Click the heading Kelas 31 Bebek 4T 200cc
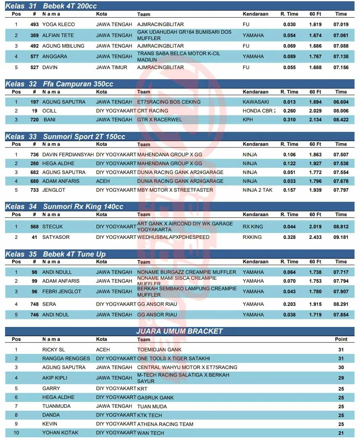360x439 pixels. [x=51, y=6]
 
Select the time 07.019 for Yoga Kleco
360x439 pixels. [x=341, y=24]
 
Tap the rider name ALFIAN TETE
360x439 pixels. [x=58, y=35]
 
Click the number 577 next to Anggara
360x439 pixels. [x=35, y=56]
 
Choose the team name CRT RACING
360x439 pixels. [x=152, y=111]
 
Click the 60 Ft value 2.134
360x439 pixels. [x=315, y=120]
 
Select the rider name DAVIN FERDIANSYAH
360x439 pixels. [x=68, y=155]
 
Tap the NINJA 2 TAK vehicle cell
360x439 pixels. [x=258, y=190]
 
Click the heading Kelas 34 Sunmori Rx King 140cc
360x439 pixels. [x=64, y=206]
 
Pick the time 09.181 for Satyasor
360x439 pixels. [x=341, y=237]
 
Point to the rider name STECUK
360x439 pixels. [x=53, y=227]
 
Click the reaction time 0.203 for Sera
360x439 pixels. [x=289, y=304]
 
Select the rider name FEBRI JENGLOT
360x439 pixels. [x=62, y=292]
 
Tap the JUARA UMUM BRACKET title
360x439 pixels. [x=179, y=331]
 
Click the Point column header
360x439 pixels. [x=341, y=339]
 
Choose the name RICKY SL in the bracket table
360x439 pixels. [x=53, y=350]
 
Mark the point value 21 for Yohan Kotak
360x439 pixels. [x=341, y=433]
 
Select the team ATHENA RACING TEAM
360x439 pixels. [x=165, y=424]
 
